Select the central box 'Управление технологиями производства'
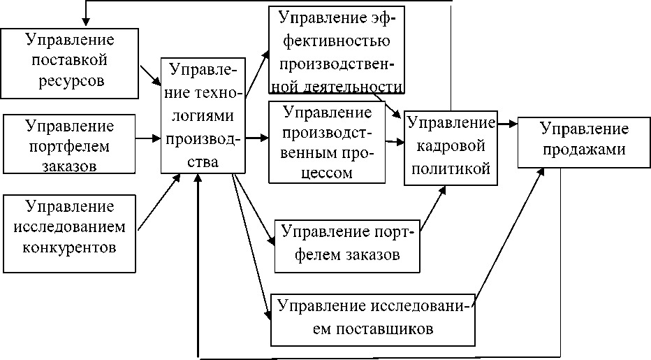[x=203, y=115]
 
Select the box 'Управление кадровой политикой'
[x=451, y=147]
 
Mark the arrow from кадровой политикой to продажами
[x=508, y=124]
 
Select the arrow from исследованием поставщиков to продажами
[x=510, y=236]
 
